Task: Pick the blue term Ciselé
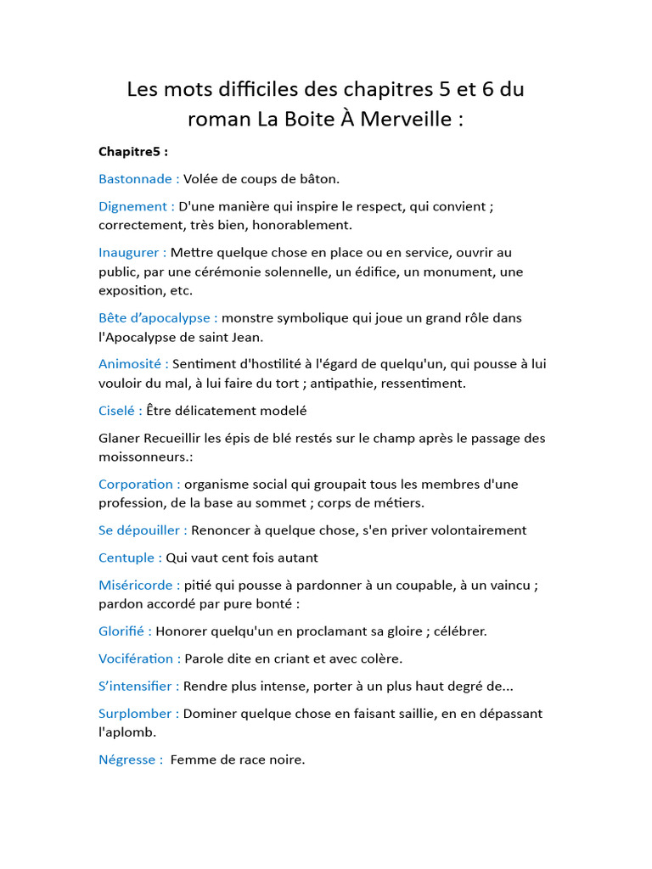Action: (x=117, y=411)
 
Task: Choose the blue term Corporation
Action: (x=137, y=484)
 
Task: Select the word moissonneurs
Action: (x=143, y=457)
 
